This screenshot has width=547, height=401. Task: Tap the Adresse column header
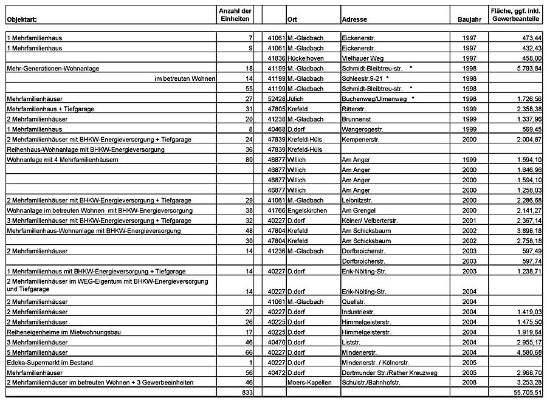click(x=354, y=19)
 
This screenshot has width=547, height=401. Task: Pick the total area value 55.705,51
click(x=524, y=392)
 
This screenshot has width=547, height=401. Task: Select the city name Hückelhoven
click(x=306, y=58)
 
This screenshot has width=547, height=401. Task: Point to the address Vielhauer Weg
click(x=362, y=58)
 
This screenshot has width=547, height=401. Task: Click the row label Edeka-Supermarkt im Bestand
click(x=50, y=363)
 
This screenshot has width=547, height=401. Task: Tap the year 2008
click(x=469, y=383)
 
